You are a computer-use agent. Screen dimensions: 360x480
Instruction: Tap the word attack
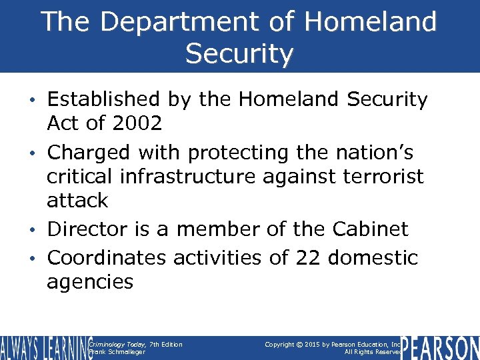coord(77,200)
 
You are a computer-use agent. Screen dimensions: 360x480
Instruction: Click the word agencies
coord(90,281)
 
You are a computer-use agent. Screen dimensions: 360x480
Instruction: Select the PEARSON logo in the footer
coord(441,347)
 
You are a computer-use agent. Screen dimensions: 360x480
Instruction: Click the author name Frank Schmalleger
coord(117,352)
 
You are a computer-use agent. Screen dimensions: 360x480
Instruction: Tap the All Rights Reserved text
coord(373,352)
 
